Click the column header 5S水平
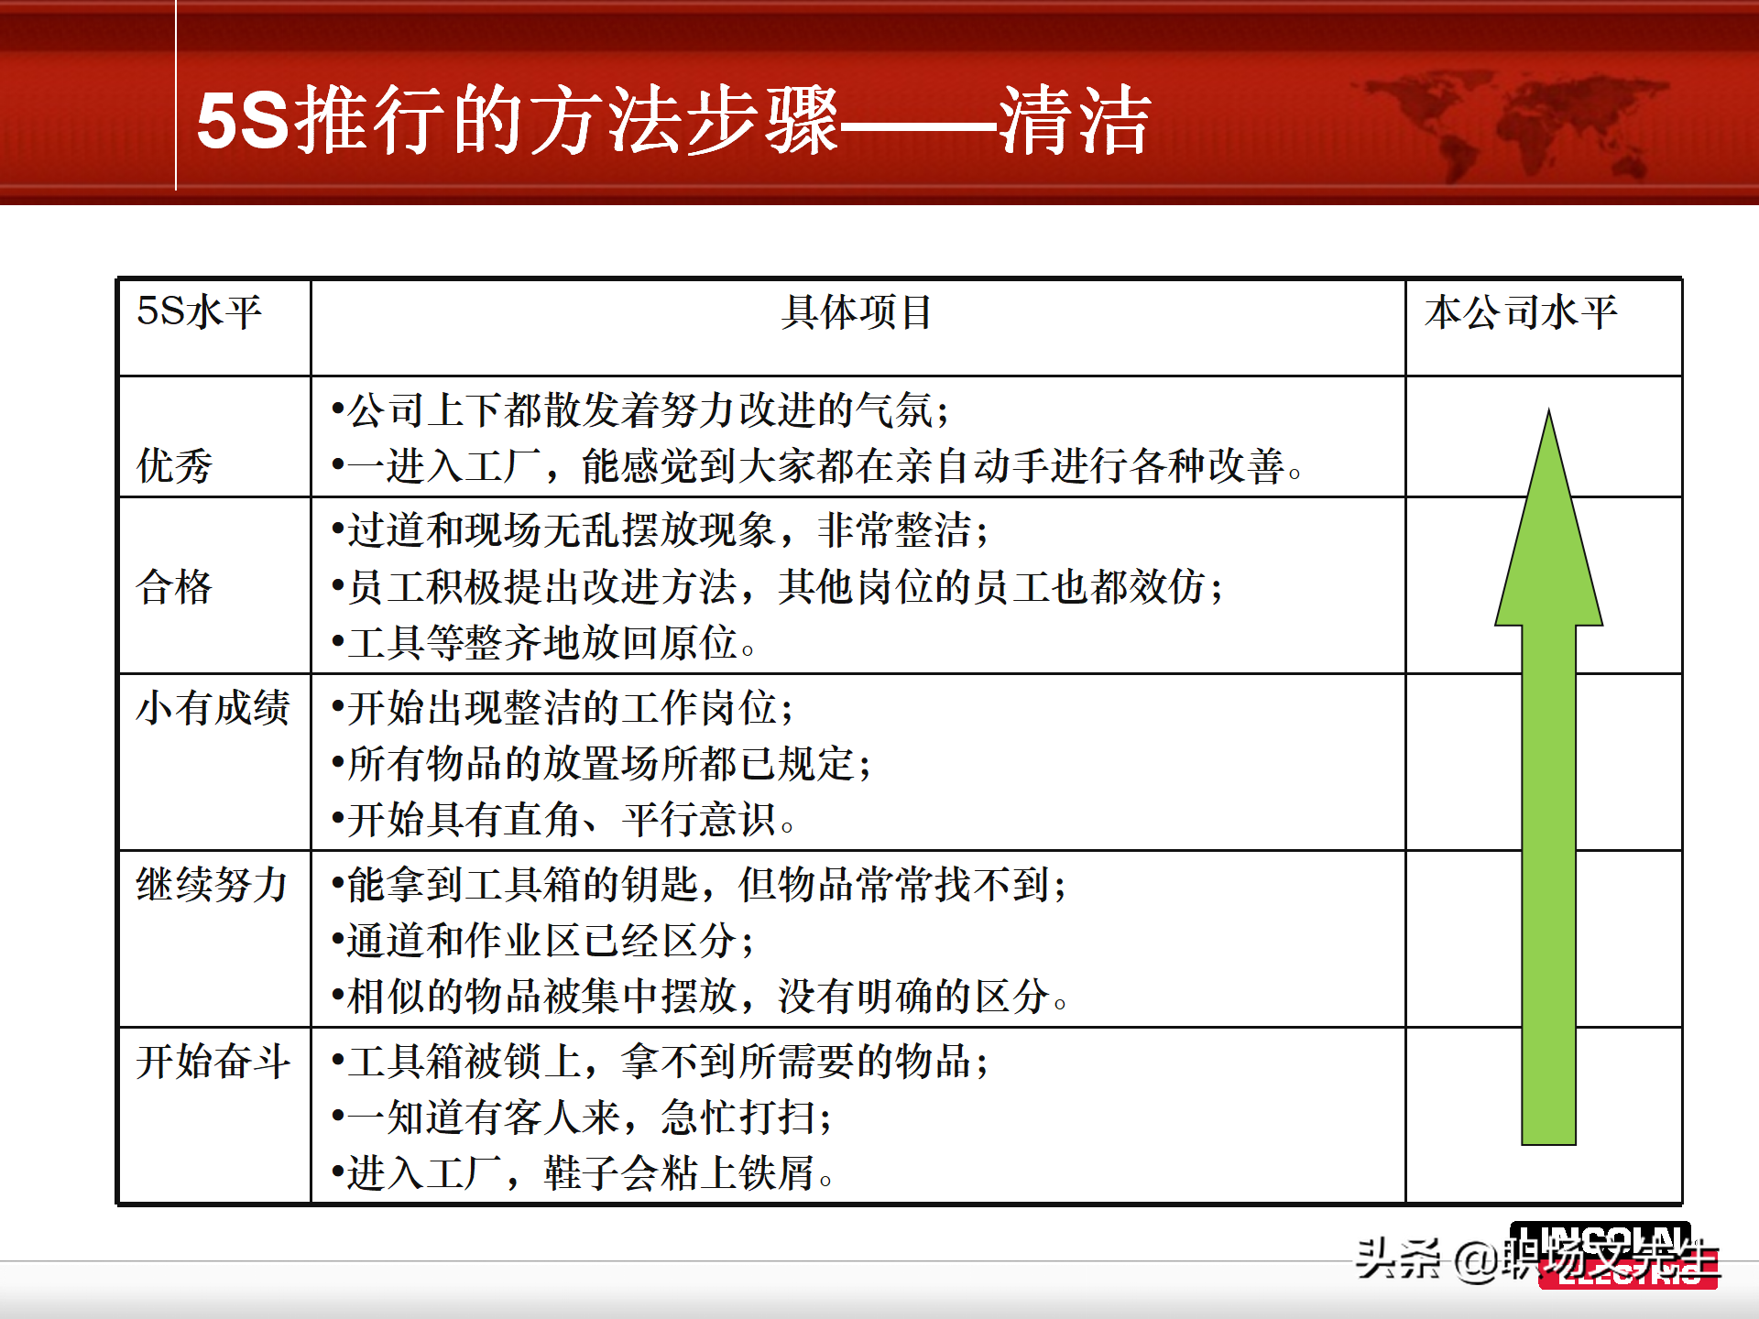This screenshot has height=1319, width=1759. pyautogui.click(x=199, y=312)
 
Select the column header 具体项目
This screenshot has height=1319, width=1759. pyautogui.click(x=857, y=312)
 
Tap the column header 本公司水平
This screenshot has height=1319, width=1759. pyautogui.click(x=1521, y=312)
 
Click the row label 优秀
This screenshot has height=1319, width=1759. pyautogui.click(x=174, y=465)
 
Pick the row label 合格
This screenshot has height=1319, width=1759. pyautogui.click(x=174, y=586)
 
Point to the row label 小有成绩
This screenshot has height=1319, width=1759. pyautogui.click(x=213, y=708)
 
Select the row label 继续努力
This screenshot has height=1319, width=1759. pyautogui.click(x=213, y=885)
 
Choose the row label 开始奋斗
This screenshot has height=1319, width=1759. pyautogui.click(x=213, y=1062)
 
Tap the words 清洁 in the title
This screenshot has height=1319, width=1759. pyautogui.click(x=1074, y=121)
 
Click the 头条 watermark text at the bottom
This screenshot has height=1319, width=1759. pyautogui.click(x=1397, y=1259)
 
